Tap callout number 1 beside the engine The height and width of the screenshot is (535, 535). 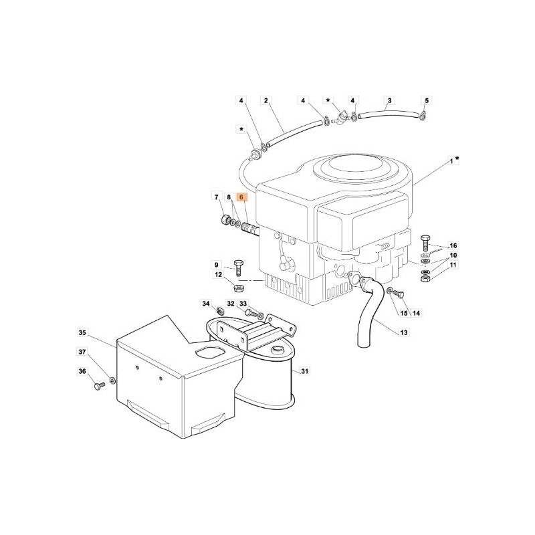[x=451, y=160]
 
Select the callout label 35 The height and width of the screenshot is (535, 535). [x=82, y=332]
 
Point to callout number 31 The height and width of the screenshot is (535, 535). [x=304, y=371]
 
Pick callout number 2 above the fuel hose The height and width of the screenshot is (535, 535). [x=265, y=101]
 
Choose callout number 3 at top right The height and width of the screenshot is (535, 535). [x=389, y=101]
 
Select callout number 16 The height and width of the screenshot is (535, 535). [x=453, y=246]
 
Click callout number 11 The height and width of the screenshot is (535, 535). [x=453, y=265]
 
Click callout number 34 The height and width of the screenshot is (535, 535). [x=206, y=304]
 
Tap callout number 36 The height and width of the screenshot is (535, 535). [x=82, y=372]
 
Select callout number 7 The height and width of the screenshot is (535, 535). [x=217, y=197]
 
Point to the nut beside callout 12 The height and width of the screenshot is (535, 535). [x=239, y=288]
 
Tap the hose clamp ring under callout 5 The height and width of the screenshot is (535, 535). [x=425, y=120]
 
